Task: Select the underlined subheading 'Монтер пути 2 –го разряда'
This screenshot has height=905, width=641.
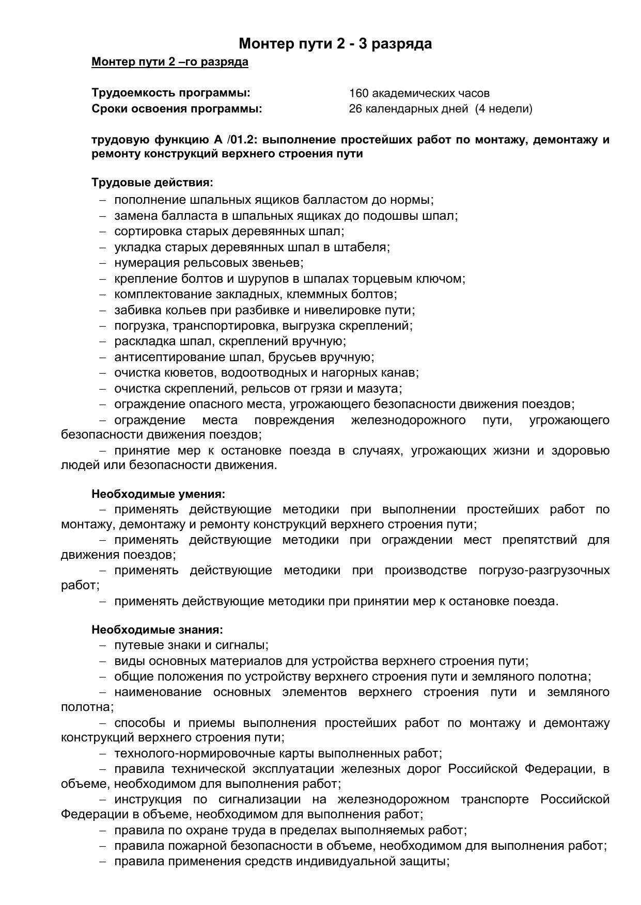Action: click(x=169, y=62)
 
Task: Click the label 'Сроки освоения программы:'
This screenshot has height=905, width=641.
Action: click(x=177, y=109)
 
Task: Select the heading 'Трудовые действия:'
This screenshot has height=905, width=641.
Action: click(x=152, y=183)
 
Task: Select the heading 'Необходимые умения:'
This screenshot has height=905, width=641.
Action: click(x=158, y=494)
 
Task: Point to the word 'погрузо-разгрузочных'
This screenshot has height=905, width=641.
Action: click(x=544, y=571)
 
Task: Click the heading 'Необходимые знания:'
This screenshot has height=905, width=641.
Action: click(x=157, y=630)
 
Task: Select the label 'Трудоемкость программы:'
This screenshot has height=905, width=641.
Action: click(x=170, y=93)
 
